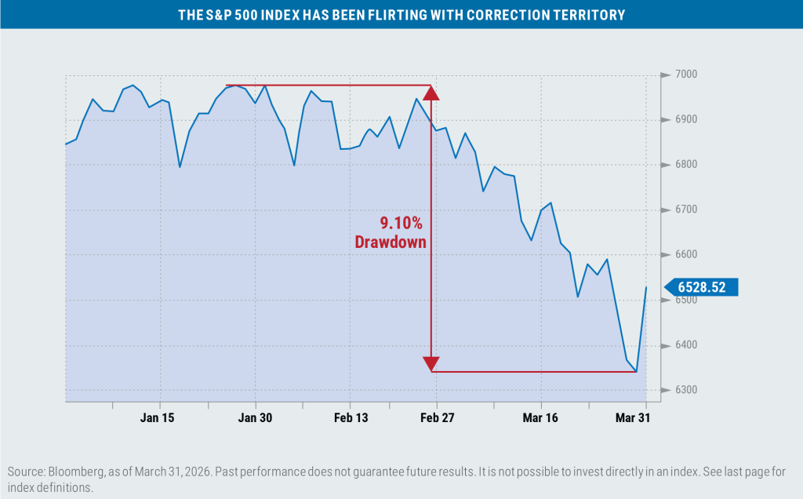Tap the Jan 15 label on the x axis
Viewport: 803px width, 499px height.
(158, 417)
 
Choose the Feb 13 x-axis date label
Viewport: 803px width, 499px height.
(351, 417)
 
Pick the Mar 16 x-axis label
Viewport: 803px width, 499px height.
(540, 417)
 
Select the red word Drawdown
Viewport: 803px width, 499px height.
(391, 242)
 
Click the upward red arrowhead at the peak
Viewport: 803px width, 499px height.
(431, 93)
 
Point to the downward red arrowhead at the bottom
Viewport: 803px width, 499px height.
(431, 363)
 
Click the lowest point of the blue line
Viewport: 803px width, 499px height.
(636, 372)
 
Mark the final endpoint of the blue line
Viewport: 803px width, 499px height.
(646, 287)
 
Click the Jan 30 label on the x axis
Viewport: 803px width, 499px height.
(254, 417)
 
